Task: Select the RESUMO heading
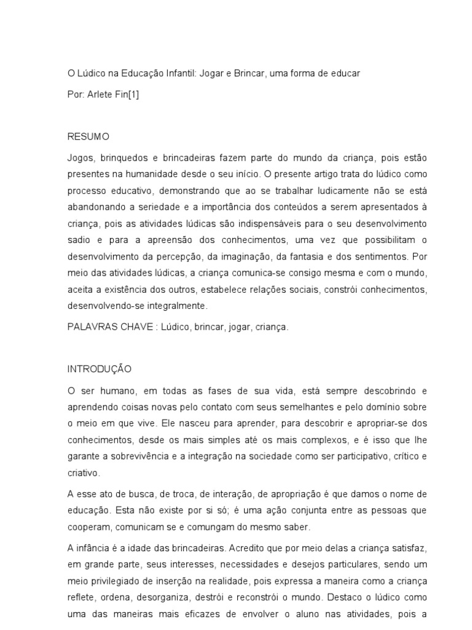click(x=88, y=137)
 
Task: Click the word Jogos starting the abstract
click(x=79, y=159)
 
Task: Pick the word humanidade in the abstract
click(x=165, y=175)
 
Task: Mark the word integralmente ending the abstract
click(x=178, y=305)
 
